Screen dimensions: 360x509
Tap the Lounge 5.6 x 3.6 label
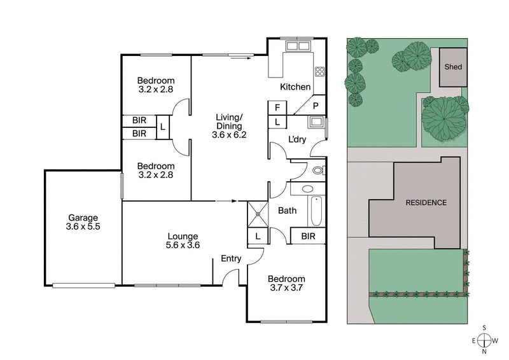[183, 240]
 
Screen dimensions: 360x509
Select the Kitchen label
[295, 87]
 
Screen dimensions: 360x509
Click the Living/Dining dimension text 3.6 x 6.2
[230, 134]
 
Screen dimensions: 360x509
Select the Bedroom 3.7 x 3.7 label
[286, 284]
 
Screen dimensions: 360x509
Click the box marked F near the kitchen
[278, 107]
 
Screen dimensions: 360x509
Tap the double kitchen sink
[296, 46]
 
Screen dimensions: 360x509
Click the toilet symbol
[319, 170]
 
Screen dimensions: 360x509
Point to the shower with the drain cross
[258, 214]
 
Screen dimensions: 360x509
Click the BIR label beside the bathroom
[308, 237]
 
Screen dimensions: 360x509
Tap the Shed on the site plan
[453, 67]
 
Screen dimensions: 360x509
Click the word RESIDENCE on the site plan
[426, 203]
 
